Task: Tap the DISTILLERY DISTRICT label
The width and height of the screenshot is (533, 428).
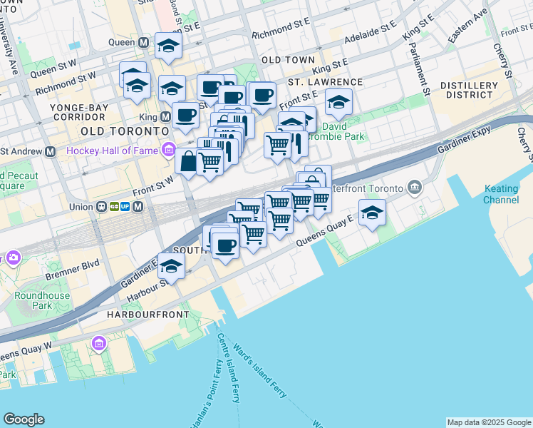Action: pyautogui.click(x=469, y=89)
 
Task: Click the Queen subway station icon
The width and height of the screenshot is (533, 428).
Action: pyautogui.click(x=144, y=42)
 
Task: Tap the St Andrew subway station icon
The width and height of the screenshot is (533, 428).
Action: pyautogui.click(x=51, y=151)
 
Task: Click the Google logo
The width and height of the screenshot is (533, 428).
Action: pyautogui.click(x=24, y=419)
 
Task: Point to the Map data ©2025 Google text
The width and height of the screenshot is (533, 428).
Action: pyautogui.click(x=488, y=422)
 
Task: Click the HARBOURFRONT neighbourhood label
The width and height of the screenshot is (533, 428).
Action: pyautogui.click(x=148, y=314)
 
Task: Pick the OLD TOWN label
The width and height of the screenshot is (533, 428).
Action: pyautogui.click(x=288, y=60)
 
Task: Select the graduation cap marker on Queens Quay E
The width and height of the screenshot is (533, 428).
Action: pyautogui.click(x=372, y=212)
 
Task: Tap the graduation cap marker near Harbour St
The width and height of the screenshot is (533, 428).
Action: pyautogui.click(x=170, y=265)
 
